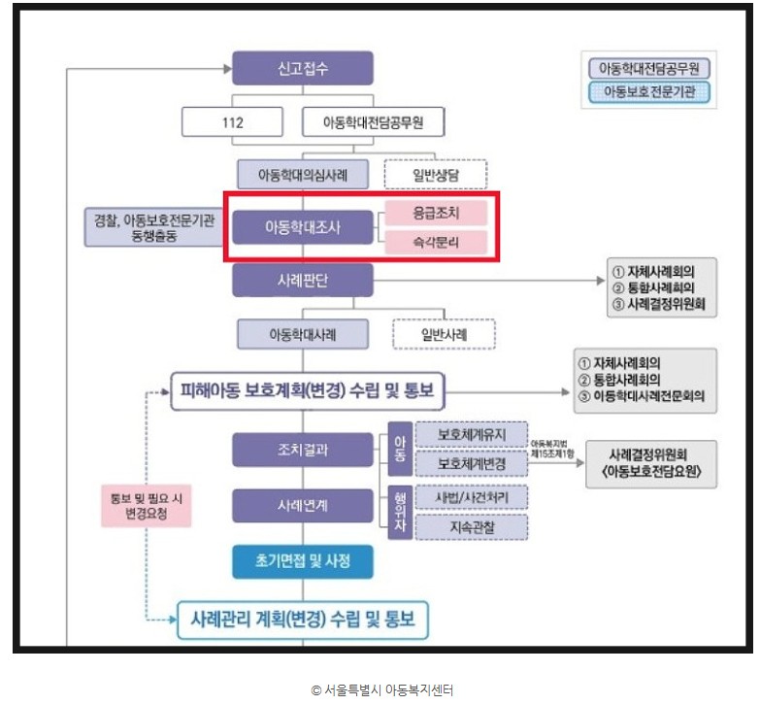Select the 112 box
coord(232,123)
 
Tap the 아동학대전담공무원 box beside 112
coord(373,123)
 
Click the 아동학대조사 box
coord(303,227)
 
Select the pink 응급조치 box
coord(435,212)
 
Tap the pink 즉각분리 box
coord(435,243)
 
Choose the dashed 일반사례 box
coord(444,333)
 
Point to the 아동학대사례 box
coord(304,333)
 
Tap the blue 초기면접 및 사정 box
coord(303,560)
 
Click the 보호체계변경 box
coord(471,463)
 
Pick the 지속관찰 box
coord(471,526)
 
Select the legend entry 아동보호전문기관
coord(649,92)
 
